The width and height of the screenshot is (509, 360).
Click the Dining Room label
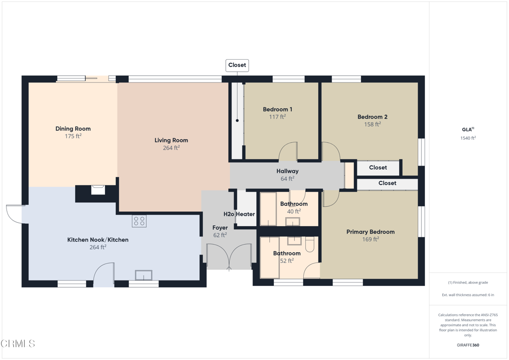point(73,129)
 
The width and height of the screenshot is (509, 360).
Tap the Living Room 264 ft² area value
point(171,148)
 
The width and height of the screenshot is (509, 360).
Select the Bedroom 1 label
point(277,109)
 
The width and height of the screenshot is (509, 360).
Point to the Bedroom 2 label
point(372,117)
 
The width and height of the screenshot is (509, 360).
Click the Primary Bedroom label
point(370,232)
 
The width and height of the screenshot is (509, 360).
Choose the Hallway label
point(287,171)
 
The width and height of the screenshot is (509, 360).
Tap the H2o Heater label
point(239,214)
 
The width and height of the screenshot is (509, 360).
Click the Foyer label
point(220,228)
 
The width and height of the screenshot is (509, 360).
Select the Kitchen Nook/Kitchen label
point(98,240)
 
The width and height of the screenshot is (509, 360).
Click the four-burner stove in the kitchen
point(139,221)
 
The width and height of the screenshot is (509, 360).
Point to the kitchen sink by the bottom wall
point(144,275)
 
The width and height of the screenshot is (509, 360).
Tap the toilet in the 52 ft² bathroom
point(310,244)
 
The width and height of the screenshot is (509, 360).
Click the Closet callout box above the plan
point(237,65)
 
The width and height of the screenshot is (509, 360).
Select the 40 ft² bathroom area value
point(294,211)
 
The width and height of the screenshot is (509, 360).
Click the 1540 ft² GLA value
point(468,138)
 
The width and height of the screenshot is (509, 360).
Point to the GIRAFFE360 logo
point(468,345)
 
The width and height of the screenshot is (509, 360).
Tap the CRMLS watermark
point(18,344)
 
